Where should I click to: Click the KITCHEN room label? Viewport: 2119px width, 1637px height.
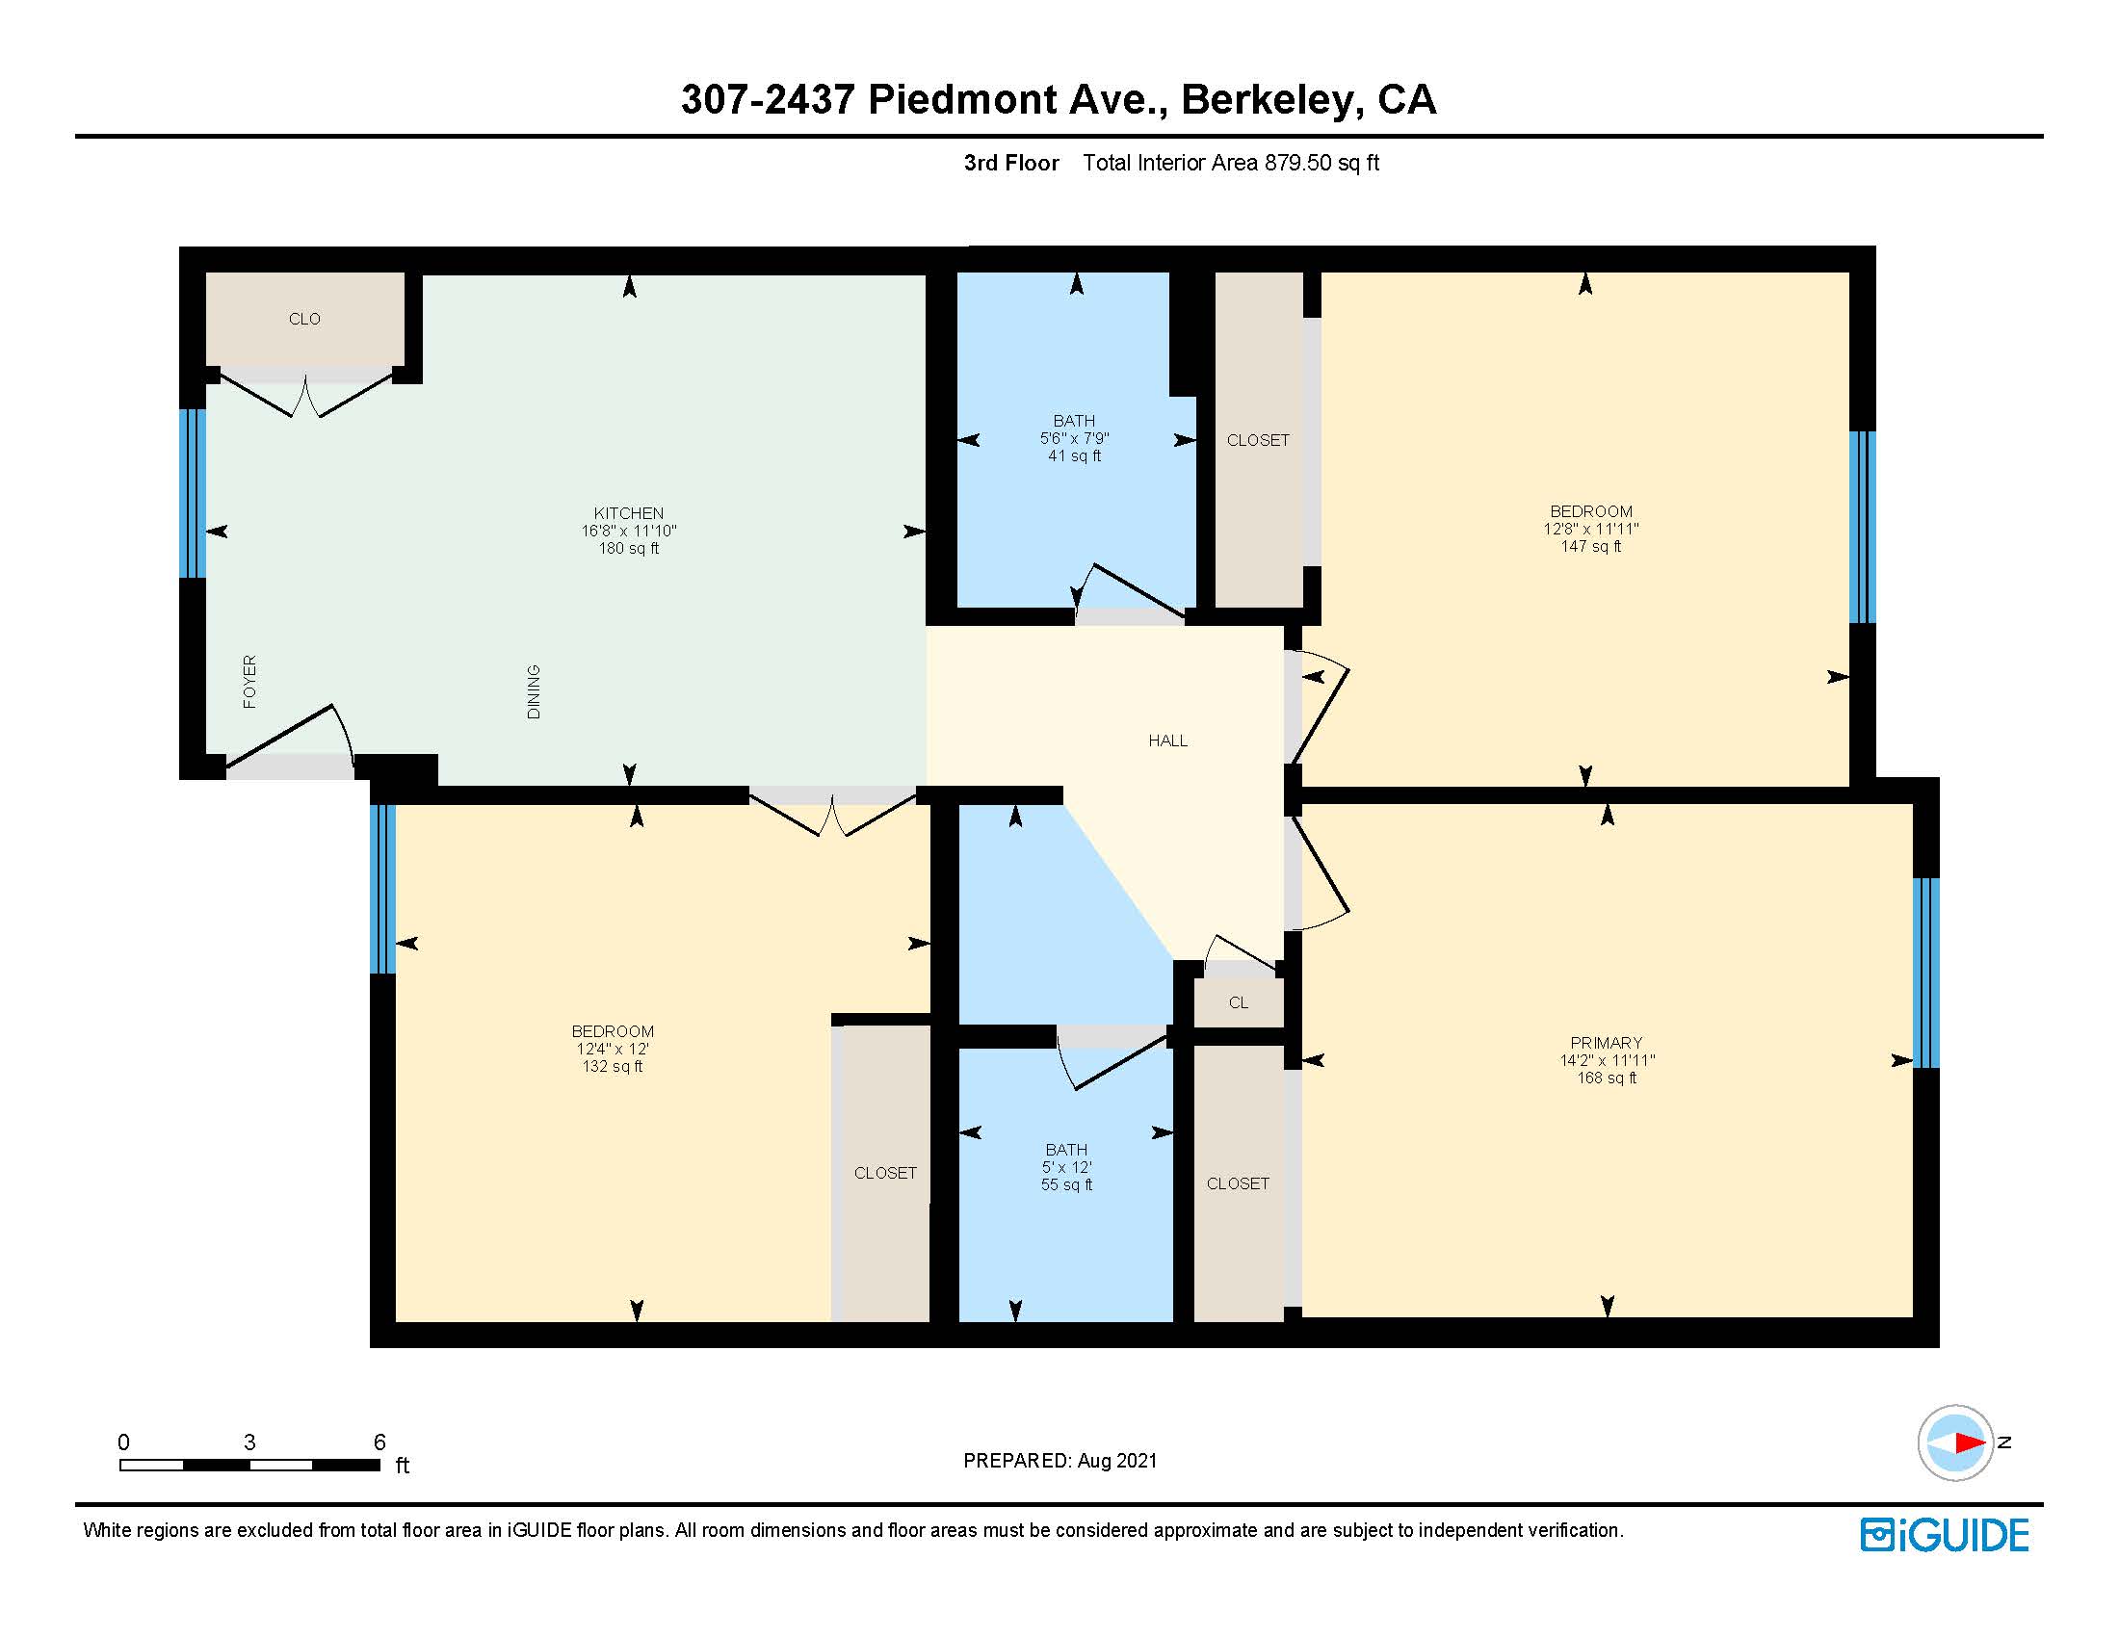[x=629, y=513]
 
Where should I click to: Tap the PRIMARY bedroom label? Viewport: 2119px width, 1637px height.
[x=1606, y=1043]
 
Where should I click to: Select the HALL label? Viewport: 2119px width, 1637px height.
[x=1167, y=741]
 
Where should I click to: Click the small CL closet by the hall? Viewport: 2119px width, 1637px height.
[x=1238, y=1002]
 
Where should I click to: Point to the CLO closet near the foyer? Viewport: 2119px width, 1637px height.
[x=303, y=319]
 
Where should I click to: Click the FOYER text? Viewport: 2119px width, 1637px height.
[x=249, y=682]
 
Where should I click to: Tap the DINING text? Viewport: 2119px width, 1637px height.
[x=534, y=691]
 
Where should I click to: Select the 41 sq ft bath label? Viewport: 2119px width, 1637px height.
[x=1074, y=455]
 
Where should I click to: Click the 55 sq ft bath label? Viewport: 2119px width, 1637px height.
[x=1066, y=1185]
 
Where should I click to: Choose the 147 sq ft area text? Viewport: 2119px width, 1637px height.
[x=1590, y=546]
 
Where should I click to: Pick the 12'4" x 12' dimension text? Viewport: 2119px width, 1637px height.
[x=613, y=1049]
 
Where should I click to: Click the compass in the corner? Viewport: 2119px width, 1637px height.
[x=1954, y=1442]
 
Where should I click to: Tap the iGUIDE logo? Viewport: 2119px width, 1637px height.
[x=1945, y=1534]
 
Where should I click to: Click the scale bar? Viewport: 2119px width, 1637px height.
[x=249, y=1465]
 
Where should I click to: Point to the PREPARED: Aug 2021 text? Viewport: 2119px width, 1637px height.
[x=1059, y=1461]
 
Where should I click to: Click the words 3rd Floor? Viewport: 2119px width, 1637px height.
[x=1010, y=163]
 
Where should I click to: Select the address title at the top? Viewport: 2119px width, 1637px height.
[x=1058, y=100]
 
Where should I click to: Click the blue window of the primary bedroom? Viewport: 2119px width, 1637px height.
[x=1925, y=973]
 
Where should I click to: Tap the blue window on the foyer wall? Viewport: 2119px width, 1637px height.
[x=193, y=494]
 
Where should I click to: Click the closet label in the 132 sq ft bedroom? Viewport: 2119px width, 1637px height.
[x=885, y=1174]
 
